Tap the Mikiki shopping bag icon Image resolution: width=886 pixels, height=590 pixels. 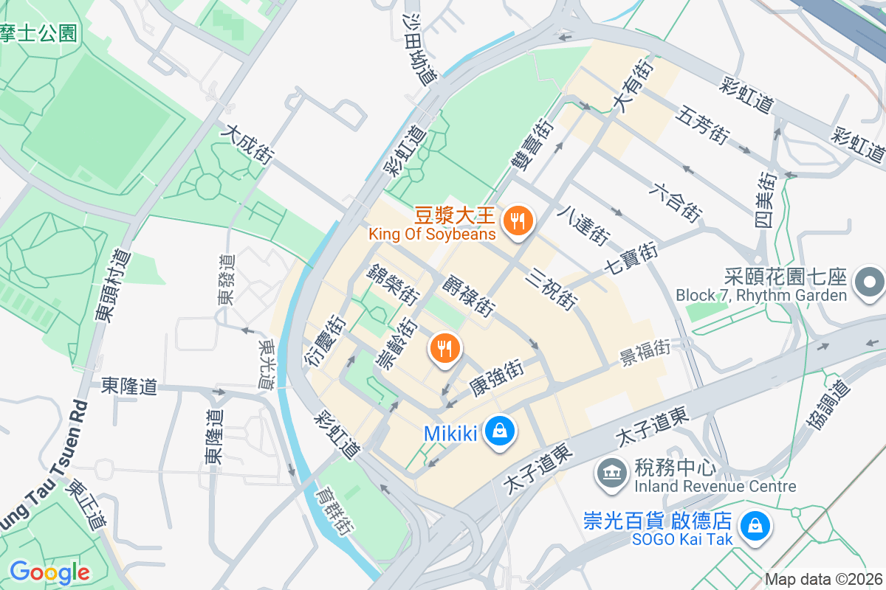pyautogui.click(x=500, y=431)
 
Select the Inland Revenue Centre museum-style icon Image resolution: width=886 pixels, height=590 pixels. pyautogui.click(x=610, y=469)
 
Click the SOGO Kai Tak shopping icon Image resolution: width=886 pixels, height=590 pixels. pyautogui.click(x=755, y=526)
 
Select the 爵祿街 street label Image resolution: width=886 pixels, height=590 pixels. pyautogui.click(x=469, y=294)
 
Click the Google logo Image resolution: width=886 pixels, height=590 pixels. pyautogui.click(x=49, y=572)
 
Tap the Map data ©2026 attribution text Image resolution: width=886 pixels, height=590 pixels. pyautogui.click(x=823, y=580)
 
